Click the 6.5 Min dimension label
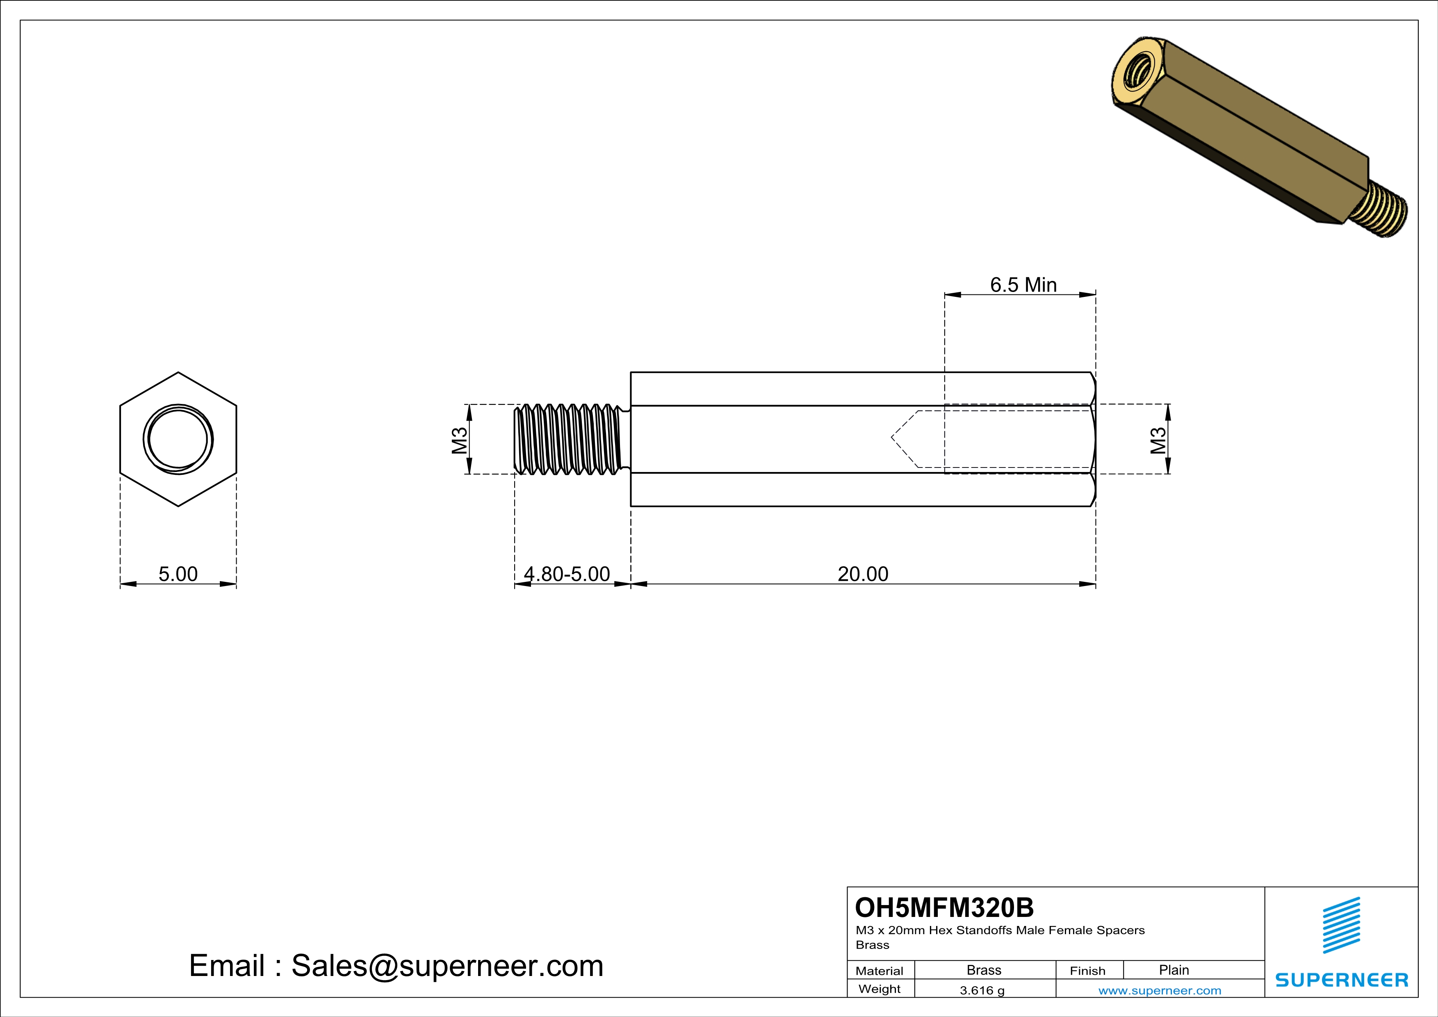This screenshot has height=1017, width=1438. click(1023, 285)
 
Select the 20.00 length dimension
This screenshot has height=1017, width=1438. click(863, 574)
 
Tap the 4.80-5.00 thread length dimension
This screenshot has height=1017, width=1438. click(567, 574)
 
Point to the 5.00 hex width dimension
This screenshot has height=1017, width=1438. click(178, 574)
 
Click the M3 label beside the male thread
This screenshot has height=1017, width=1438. click(460, 440)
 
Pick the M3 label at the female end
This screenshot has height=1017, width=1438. click(1158, 440)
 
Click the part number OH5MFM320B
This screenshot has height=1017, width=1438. click(944, 908)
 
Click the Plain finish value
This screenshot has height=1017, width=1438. click(1174, 970)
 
